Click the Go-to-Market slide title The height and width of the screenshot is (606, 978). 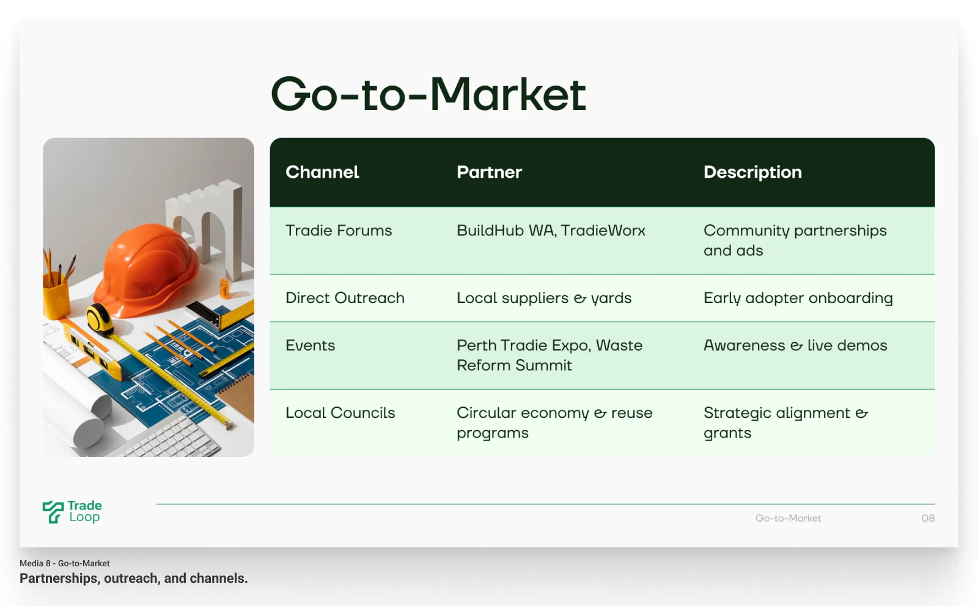428,94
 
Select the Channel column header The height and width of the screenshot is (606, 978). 322,172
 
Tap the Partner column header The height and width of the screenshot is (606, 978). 489,172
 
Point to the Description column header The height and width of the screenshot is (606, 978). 752,172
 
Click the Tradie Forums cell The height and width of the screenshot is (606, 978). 339,230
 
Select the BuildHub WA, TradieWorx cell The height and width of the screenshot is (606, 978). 551,230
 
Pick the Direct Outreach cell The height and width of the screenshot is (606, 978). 345,298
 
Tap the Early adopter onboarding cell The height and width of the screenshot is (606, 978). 798,299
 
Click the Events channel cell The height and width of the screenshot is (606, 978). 311,346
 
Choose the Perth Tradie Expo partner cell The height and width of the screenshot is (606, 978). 550,355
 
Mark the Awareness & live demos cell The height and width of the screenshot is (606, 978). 795,346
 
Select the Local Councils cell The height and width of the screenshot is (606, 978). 340,413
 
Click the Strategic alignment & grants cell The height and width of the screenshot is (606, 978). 786,423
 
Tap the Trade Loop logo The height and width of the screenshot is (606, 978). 72,512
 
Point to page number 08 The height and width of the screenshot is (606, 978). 928,518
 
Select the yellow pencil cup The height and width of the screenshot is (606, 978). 56,297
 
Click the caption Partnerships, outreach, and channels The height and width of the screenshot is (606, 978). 134,579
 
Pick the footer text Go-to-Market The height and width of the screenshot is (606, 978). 788,518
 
